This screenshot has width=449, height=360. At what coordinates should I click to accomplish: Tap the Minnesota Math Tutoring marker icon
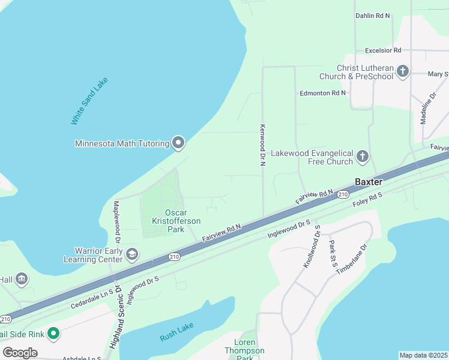[178, 143]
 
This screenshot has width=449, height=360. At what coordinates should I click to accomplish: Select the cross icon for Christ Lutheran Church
[402, 72]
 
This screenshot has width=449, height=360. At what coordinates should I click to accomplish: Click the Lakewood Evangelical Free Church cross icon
[362, 157]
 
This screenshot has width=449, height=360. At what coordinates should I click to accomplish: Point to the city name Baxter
[368, 181]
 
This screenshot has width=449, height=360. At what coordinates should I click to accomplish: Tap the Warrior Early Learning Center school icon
[131, 254]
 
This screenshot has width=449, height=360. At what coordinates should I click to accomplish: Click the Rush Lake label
[177, 335]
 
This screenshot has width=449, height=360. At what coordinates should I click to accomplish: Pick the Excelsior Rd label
[378, 50]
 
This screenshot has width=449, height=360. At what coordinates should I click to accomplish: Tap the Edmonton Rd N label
[323, 93]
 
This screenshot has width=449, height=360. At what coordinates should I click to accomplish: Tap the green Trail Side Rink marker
[53, 333]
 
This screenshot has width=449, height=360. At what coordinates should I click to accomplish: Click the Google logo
[20, 352]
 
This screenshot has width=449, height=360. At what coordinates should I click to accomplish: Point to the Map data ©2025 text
[423, 355]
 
